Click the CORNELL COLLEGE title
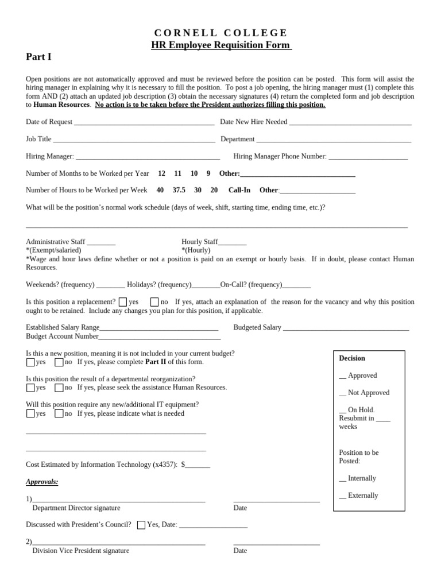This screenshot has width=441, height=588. point(220,33)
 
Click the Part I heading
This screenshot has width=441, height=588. point(38,56)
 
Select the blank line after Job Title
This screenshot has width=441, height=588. point(134,140)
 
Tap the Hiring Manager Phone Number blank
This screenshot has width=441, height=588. point(368,157)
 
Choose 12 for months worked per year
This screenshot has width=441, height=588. point(161,173)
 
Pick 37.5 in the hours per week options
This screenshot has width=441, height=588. point(179,190)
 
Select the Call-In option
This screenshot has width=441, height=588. point(239,190)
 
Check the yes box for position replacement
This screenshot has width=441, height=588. point(123,302)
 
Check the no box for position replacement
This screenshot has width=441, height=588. point(154,302)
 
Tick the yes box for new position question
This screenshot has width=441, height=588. point(30,362)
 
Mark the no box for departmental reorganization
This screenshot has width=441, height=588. point(59,388)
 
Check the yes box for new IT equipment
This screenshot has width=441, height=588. point(30,413)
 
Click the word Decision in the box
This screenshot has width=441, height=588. point(352,358)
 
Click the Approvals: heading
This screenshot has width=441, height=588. point(42,482)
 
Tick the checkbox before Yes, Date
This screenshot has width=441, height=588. point(141,525)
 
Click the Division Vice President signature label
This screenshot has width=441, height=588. point(81,551)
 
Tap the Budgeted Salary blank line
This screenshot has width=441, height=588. point(346,328)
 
